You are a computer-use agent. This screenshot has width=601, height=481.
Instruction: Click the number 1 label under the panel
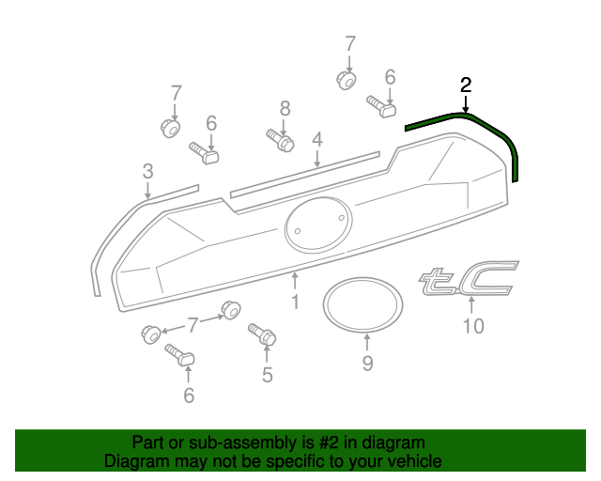click(295, 302)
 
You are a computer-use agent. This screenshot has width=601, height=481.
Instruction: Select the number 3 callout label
click(147, 171)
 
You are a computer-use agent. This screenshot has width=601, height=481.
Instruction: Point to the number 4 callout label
click(317, 140)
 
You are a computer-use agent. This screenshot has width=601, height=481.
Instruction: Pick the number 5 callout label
click(268, 376)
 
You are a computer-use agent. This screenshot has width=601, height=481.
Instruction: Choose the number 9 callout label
click(367, 363)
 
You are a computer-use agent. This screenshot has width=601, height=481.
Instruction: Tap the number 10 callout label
click(473, 326)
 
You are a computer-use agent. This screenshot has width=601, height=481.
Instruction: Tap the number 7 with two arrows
click(193, 325)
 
